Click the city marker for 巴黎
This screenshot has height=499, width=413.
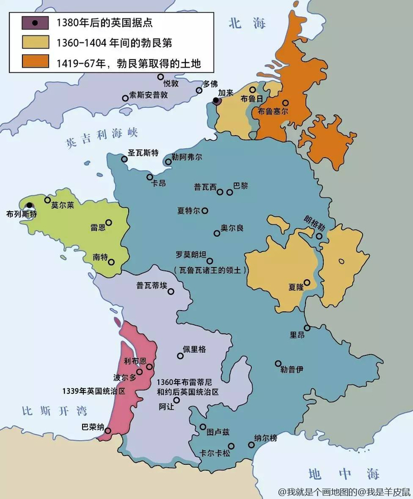[x=230, y=192]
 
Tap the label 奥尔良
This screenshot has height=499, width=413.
[x=232, y=227]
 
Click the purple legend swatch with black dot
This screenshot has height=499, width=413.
[x=36, y=23]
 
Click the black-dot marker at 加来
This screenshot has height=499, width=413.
[x=217, y=101]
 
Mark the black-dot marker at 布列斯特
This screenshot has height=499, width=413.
[x=29, y=206]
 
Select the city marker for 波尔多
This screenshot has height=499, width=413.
[x=140, y=372]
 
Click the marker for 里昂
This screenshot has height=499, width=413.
[x=307, y=328]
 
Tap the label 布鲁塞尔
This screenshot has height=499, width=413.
[x=273, y=111]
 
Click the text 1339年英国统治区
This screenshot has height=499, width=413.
[x=94, y=390]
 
